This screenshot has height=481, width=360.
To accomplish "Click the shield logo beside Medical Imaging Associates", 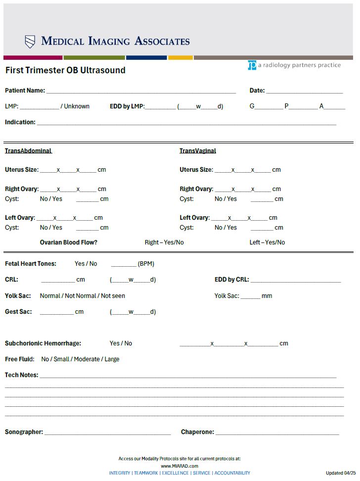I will pyautogui.click(x=30, y=42).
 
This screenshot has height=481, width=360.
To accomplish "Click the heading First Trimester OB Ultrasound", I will pyautogui.click(x=65, y=70).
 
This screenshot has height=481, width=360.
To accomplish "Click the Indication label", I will pyautogui.click(x=20, y=122).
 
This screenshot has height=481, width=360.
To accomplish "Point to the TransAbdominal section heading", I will pyautogui.click(x=28, y=151).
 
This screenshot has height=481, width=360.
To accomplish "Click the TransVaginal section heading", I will pyautogui.click(x=198, y=151).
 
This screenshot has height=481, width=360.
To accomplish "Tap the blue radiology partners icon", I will pyautogui.click(x=252, y=65).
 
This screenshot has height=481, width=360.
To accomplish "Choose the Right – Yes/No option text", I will pyautogui.click(x=164, y=242).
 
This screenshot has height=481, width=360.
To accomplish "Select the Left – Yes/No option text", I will pyautogui.click(x=267, y=242).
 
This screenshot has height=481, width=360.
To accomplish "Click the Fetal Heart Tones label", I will pyautogui.click(x=31, y=264).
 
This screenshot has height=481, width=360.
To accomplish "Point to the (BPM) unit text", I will pyautogui.click(x=146, y=264).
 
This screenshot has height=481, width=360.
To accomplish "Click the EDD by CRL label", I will pyautogui.click(x=231, y=280).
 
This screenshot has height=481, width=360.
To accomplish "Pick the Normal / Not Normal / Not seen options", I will pyautogui.click(x=83, y=296).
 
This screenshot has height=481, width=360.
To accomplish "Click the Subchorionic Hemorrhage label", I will pyautogui.click(x=43, y=343).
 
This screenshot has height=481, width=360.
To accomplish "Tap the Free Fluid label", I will pyautogui.click(x=20, y=359).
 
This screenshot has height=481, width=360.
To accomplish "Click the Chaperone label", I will pyautogui.click(x=197, y=432).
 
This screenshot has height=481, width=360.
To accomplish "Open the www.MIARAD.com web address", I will pyautogui.click(x=180, y=466).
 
